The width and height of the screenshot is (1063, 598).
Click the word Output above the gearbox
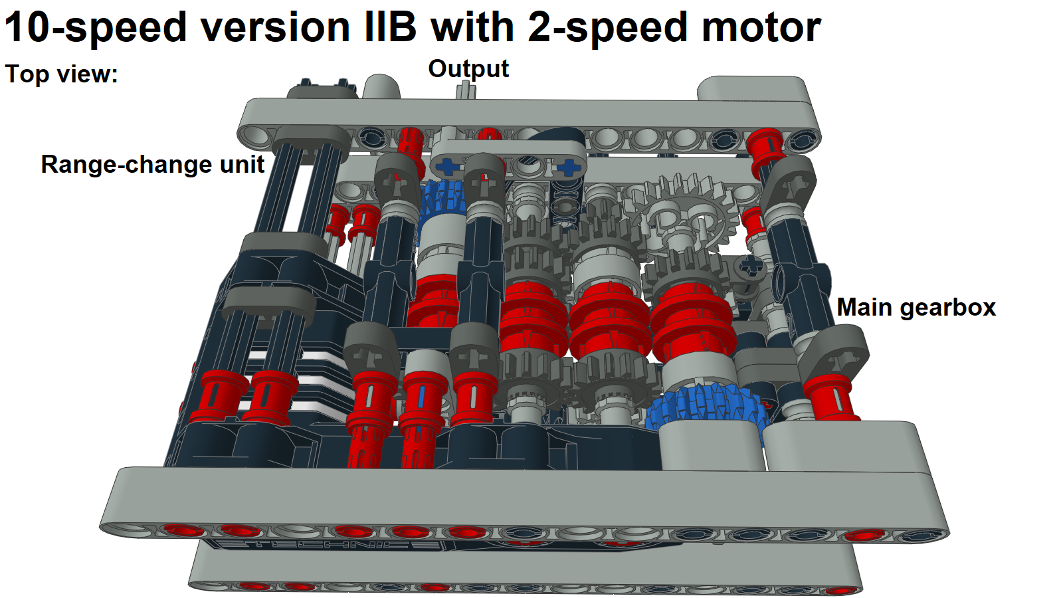click(x=468, y=69)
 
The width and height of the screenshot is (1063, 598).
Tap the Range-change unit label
click(x=153, y=165)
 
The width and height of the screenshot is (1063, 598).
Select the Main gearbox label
click(x=916, y=308)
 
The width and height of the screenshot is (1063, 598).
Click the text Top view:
click(x=61, y=74)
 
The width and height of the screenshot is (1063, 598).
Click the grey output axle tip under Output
click(x=466, y=90)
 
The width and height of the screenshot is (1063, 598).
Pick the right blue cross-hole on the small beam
click(x=569, y=166)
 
